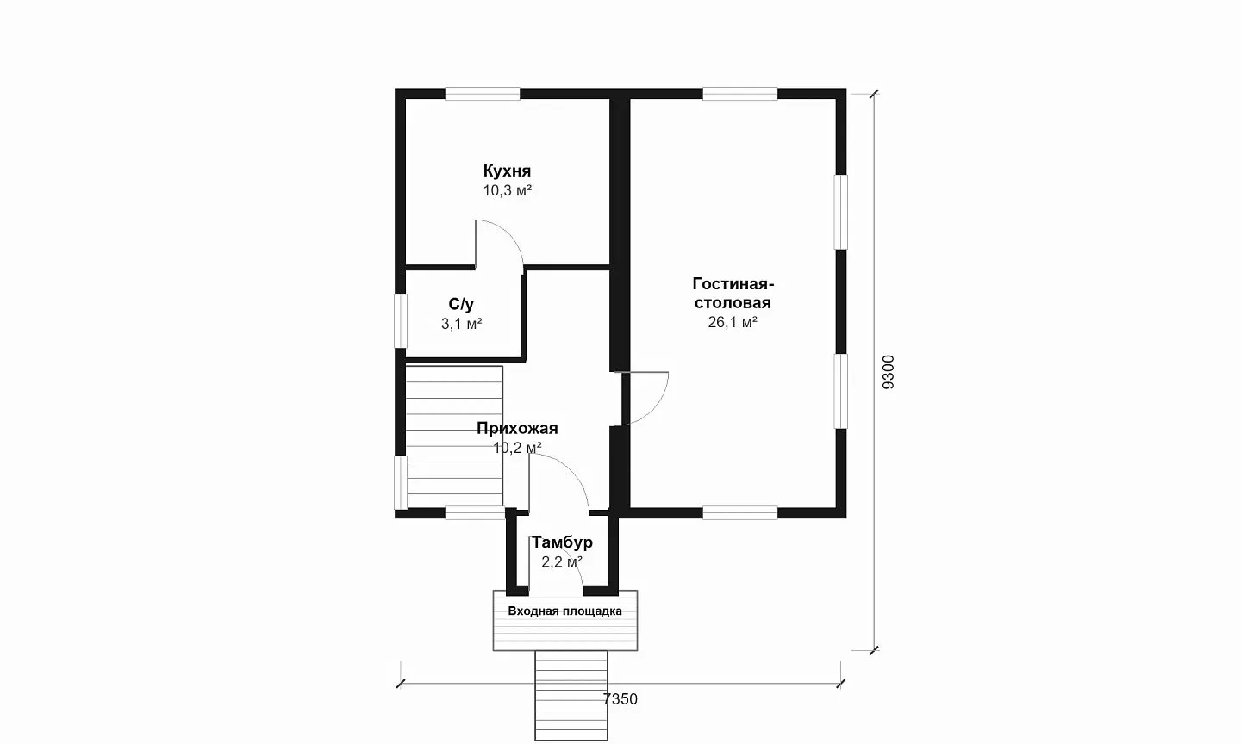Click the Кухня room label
pos(507,170)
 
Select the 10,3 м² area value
pos(508,191)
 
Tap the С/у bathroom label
pos(462,305)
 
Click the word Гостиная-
pos(733,284)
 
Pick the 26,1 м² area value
pos(733,322)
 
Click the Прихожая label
pos(517,429)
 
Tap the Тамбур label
pos(562,542)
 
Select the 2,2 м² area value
pos(562,562)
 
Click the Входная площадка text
pos(565,611)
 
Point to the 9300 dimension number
pos(888,372)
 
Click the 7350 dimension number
pos(620,699)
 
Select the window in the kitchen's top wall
pos(483,94)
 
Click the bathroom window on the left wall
pos(400,321)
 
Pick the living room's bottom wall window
pos(740,512)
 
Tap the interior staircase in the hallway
pos(454,437)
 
